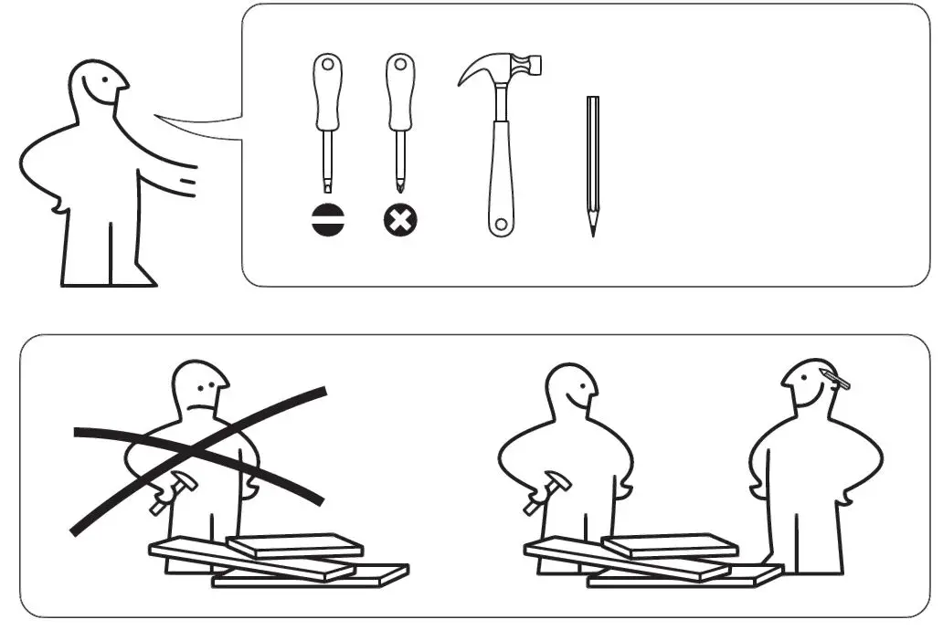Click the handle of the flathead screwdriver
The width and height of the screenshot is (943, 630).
328,91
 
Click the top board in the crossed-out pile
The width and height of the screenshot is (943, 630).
294,546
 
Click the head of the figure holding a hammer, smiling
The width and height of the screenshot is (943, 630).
570,387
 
